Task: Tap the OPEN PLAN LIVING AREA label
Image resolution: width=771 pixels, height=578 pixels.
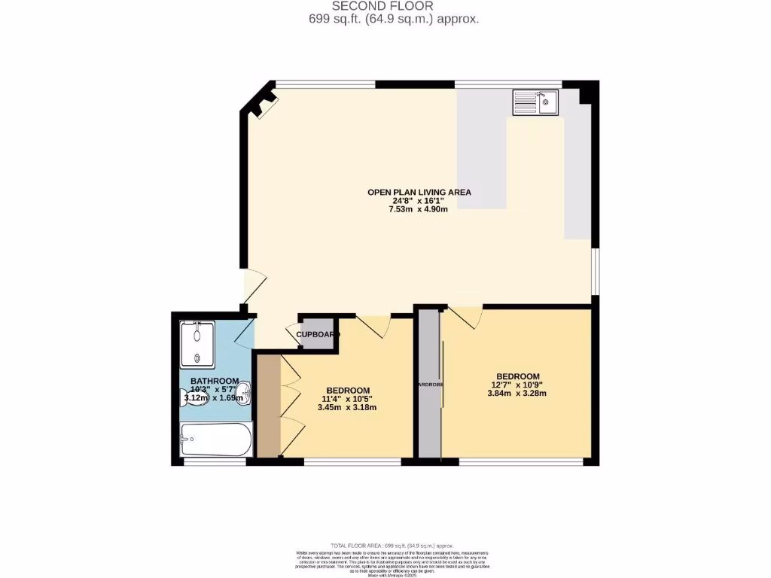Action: tap(419, 192)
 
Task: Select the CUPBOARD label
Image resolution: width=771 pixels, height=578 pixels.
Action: tap(317, 334)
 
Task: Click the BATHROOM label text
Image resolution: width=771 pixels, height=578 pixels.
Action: tap(215, 381)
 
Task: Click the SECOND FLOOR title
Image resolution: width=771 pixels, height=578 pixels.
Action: tap(385, 6)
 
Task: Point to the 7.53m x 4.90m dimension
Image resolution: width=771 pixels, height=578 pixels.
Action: tap(418, 209)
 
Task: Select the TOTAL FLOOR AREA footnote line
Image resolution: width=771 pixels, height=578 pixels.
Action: tap(385, 545)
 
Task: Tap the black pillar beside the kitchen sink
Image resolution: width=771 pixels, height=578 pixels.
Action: tap(588, 93)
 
